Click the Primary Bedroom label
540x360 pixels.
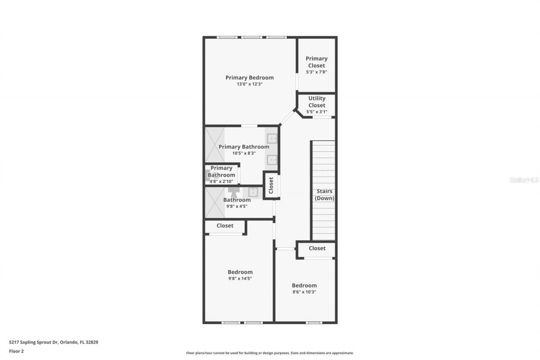click(249, 78)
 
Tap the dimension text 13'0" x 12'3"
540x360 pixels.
click(249, 84)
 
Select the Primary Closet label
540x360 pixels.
click(316, 62)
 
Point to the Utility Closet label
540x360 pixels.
click(317, 102)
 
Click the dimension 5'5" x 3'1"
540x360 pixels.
click(317, 112)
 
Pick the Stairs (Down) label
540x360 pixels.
click(324, 195)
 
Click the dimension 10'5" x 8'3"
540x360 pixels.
click(244, 153)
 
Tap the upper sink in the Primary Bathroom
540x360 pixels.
click(272, 138)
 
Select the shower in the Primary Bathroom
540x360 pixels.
click(215, 144)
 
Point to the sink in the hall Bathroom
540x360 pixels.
click(253, 192)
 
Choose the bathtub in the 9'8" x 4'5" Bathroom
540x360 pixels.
click(215, 203)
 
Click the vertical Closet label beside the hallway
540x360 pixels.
click(271, 185)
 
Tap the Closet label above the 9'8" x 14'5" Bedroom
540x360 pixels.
click(225, 226)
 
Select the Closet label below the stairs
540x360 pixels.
click(317, 249)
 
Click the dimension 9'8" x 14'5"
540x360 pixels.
click(240, 279)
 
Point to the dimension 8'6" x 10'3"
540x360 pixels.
click(304, 292)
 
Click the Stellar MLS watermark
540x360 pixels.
click(524, 180)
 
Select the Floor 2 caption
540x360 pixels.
click(16, 351)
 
